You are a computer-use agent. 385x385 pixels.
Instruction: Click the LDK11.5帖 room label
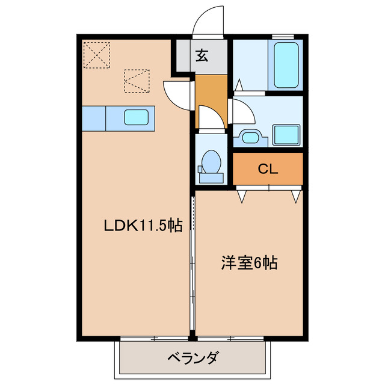click(x=144, y=226)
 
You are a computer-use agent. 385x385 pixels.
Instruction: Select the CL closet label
click(x=268, y=170)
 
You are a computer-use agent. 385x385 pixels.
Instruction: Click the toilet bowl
click(x=211, y=162)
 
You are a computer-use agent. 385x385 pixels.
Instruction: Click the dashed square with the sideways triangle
click(x=136, y=81)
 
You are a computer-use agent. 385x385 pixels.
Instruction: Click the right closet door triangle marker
click(x=295, y=196)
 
